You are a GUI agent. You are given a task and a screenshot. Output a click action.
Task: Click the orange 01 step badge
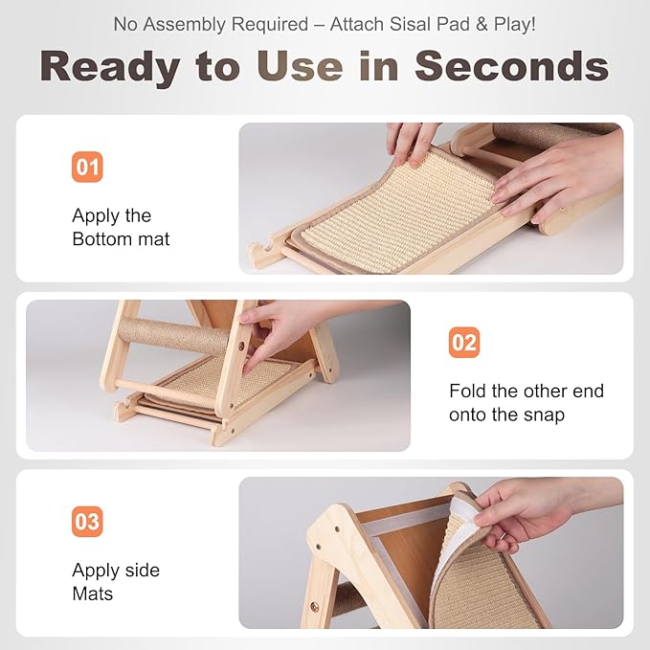87,168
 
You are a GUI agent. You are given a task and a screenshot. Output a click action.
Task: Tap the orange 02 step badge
464,343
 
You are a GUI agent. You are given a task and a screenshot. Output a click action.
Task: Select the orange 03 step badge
87,523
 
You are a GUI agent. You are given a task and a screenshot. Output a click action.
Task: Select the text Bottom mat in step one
121,239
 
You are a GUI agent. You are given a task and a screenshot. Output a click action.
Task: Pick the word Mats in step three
92,594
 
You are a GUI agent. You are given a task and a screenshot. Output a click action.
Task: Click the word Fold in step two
467,392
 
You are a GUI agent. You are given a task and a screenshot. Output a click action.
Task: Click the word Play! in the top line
516,24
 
